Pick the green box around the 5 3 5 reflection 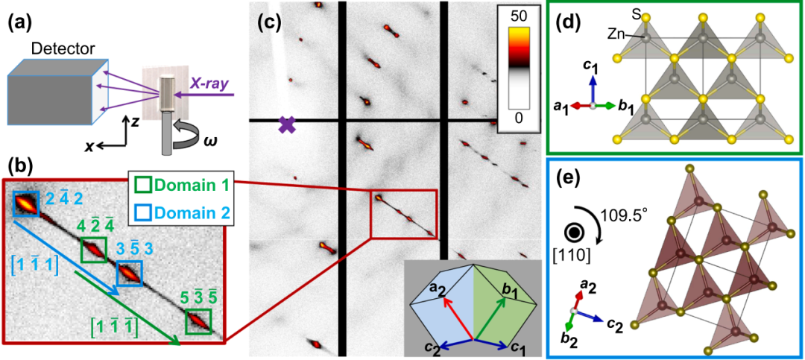pyautogui.click(x=198, y=322)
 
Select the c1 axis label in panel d pyautogui.click(x=593, y=69)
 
